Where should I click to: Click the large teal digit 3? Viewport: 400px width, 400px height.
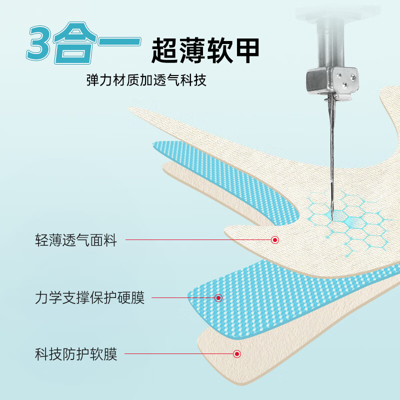pyautogui.click(x=39, y=43)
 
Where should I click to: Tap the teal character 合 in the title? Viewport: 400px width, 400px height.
pyautogui.click(x=74, y=43)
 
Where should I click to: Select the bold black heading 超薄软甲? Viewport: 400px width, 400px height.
pyautogui.click(x=205, y=50)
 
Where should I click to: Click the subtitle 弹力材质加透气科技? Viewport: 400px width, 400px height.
pyautogui.click(x=146, y=80)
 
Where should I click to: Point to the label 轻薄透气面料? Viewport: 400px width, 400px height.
pyautogui.click(x=76, y=240)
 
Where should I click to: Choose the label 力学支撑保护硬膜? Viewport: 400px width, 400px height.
pyautogui.click(x=90, y=297)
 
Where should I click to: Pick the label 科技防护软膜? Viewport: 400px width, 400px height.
pyautogui.click(x=76, y=354)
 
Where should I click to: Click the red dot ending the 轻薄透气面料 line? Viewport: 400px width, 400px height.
pyautogui.click(x=274, y=240)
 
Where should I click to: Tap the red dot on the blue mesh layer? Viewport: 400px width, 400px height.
pyautogui.click(x=218, y=297)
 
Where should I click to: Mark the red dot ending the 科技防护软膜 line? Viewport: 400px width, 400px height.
pyautogui.click(x=237, y=354)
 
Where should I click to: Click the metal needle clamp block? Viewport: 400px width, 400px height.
pyautogui.click(x=332, y=80)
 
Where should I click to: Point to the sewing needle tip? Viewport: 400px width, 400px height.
pyautogui.click(x=332, y=219)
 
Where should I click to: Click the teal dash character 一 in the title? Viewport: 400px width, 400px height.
pyautogui.click(x=119, y=41)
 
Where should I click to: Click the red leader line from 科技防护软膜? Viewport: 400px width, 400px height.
pyautogui.click(x=179, y=354)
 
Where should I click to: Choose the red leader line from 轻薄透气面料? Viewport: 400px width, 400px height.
pyautogui.click(x=198, y=240)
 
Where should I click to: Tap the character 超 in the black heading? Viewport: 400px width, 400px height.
pyautogui.click(x=164, y=50)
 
